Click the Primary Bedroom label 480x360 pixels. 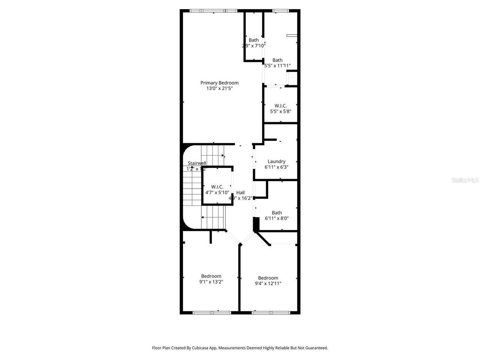point(219,83)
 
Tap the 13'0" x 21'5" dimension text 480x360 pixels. point(219,89)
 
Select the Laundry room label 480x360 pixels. point(276,162)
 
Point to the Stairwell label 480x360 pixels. point(197,163)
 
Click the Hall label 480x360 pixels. point(240,192)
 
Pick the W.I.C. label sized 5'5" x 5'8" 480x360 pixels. point(280,106)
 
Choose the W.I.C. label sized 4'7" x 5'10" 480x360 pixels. point(217,187)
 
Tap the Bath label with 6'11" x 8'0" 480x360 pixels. point(277,213)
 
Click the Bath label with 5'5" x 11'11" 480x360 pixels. point(277,60)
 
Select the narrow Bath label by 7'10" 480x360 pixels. point(253,40)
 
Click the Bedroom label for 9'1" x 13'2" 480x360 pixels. point(211,276)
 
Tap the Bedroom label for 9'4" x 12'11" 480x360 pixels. point(268,278)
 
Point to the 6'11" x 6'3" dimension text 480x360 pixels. point(276,167)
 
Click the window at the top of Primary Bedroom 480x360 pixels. point(213,11)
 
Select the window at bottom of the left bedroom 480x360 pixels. point(211,312)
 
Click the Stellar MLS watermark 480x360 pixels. point(465,180)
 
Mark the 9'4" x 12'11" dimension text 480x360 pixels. point(268,283)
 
